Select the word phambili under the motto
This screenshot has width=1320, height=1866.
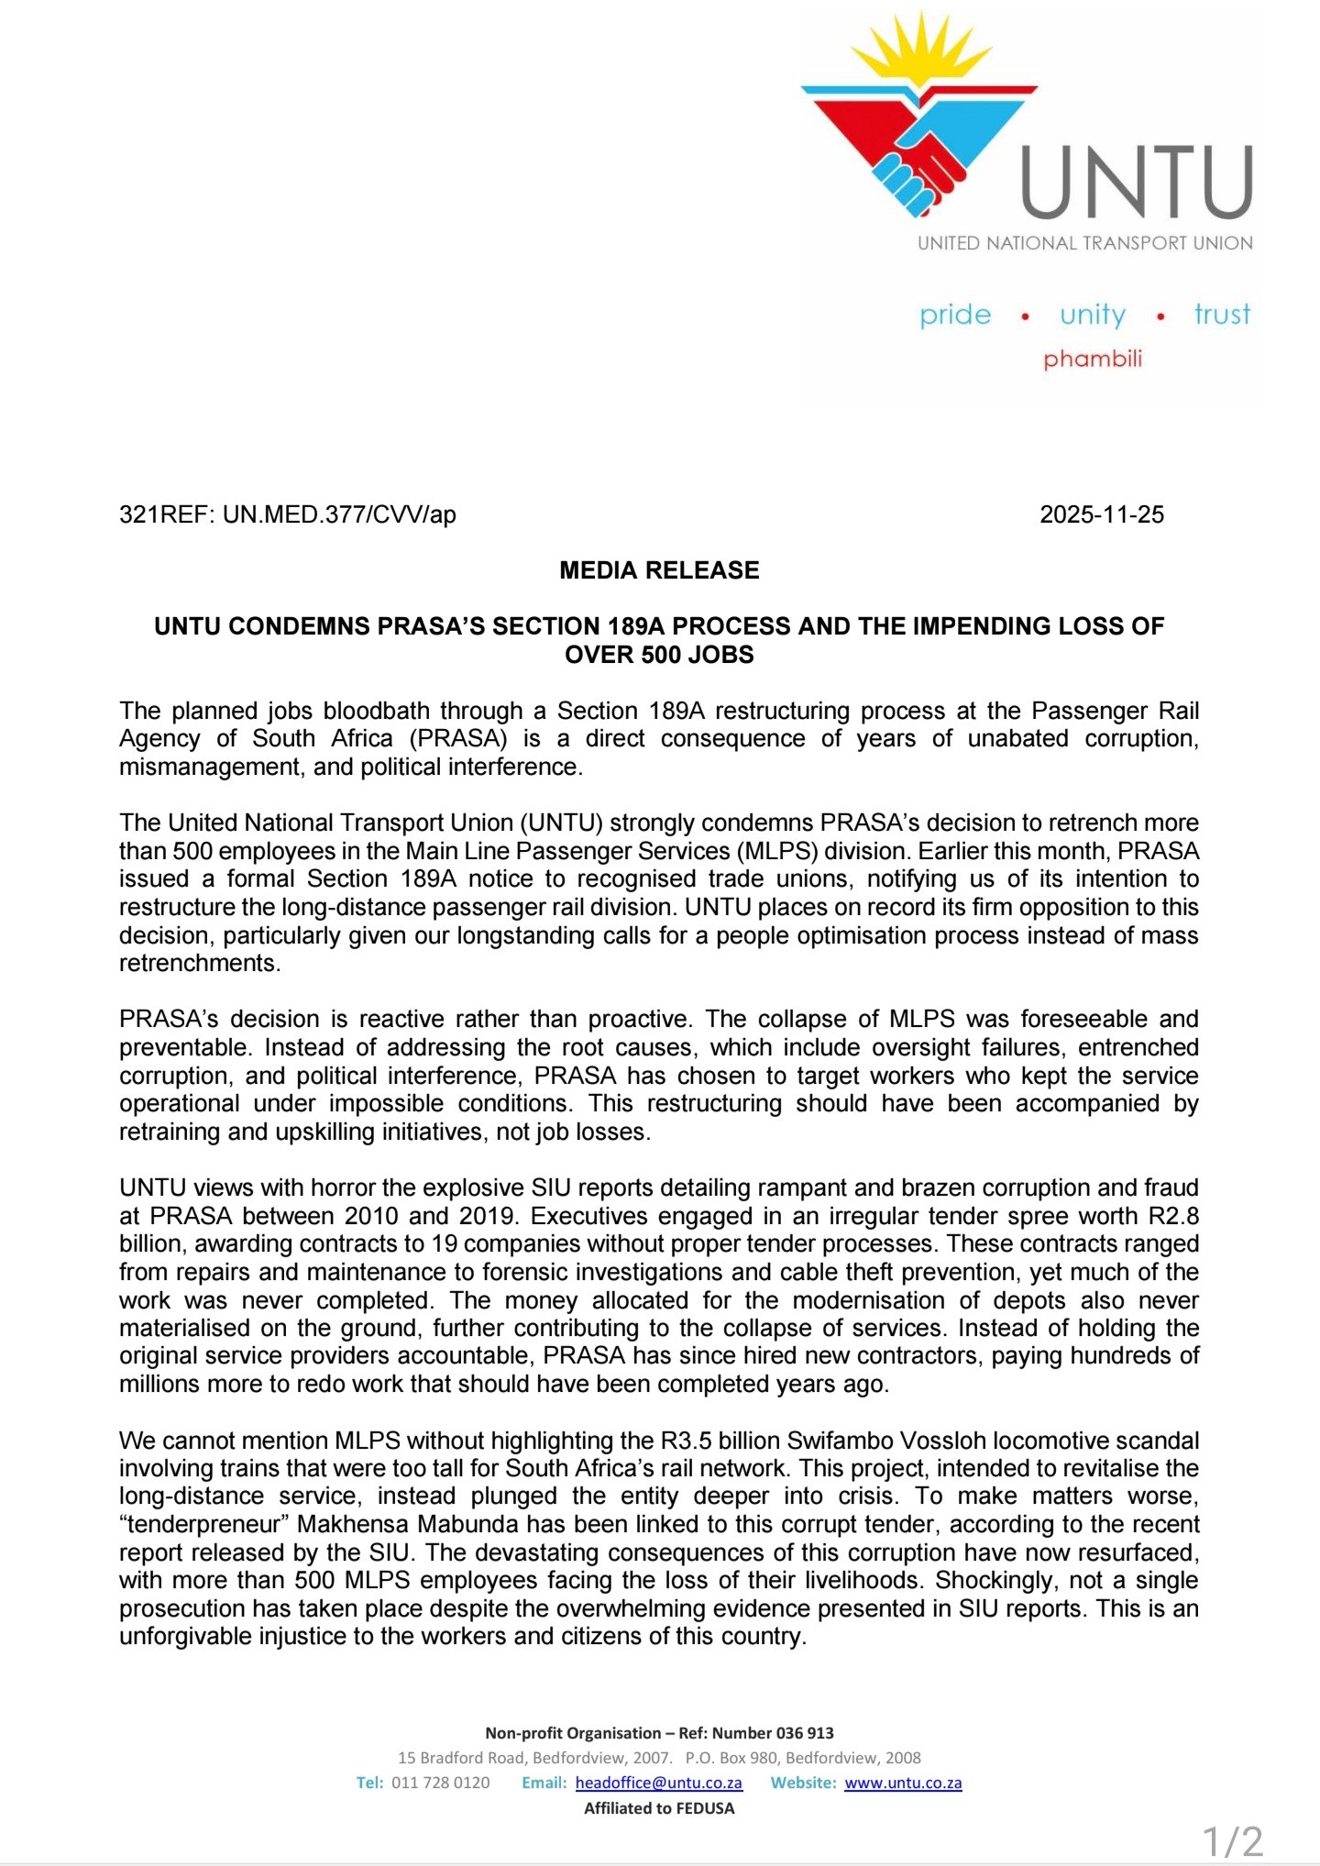(1093, 359)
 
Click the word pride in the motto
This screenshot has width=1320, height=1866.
(955, 315)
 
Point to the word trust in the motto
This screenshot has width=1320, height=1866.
(1222, 315)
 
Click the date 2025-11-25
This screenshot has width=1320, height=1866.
(1102, 514)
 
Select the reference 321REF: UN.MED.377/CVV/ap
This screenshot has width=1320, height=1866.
(288, 514)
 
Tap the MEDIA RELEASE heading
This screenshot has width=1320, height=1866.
(659, 570)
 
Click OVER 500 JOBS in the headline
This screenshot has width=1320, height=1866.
(659, 655)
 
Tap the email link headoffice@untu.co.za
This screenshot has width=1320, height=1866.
(658, 1783)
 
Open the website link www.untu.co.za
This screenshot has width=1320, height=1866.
(903, 1783)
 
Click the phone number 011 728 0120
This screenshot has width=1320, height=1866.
(440, 1783)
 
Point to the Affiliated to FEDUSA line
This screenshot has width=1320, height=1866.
(659, 1808)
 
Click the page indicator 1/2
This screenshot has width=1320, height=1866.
(1232, 1842)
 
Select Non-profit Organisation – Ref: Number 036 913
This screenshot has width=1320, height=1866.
(659, 1733)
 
